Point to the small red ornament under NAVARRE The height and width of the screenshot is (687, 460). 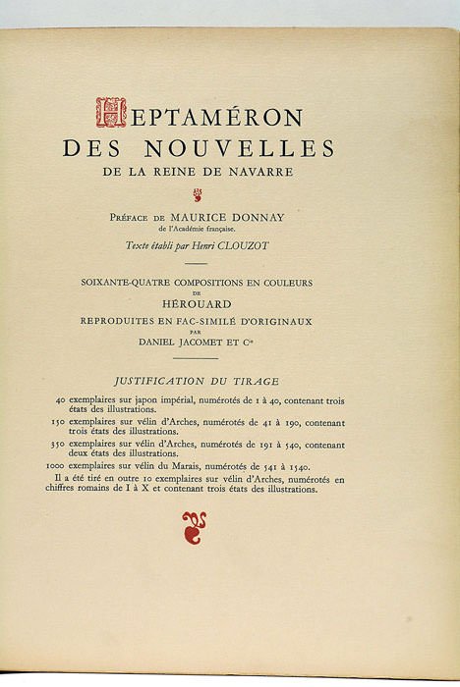coord(197,192)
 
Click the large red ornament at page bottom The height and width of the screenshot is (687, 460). coord(194,528)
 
